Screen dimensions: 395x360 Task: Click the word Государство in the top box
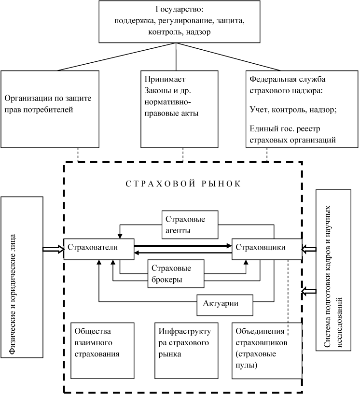(175, 10)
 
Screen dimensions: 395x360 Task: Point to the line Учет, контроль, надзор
(293, 110)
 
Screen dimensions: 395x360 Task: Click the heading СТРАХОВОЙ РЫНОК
(183, 184)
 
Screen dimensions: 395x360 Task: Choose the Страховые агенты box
(190, 224)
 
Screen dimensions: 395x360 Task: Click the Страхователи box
(98, 248)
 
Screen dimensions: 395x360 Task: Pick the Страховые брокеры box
(175, 274)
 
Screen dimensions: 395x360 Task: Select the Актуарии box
(225, 304)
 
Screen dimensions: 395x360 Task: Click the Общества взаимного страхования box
(102, 350)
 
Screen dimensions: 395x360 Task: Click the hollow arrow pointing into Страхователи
(53, 249)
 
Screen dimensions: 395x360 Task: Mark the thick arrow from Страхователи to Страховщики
(182, 246)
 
